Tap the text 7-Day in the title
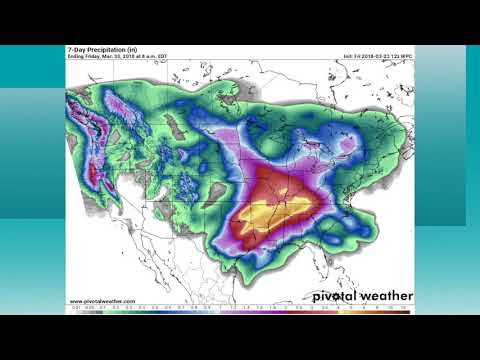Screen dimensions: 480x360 click(75, 48)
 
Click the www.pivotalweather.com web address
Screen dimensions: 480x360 click(102, 300)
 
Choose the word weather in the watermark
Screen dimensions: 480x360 click(385, 296)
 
